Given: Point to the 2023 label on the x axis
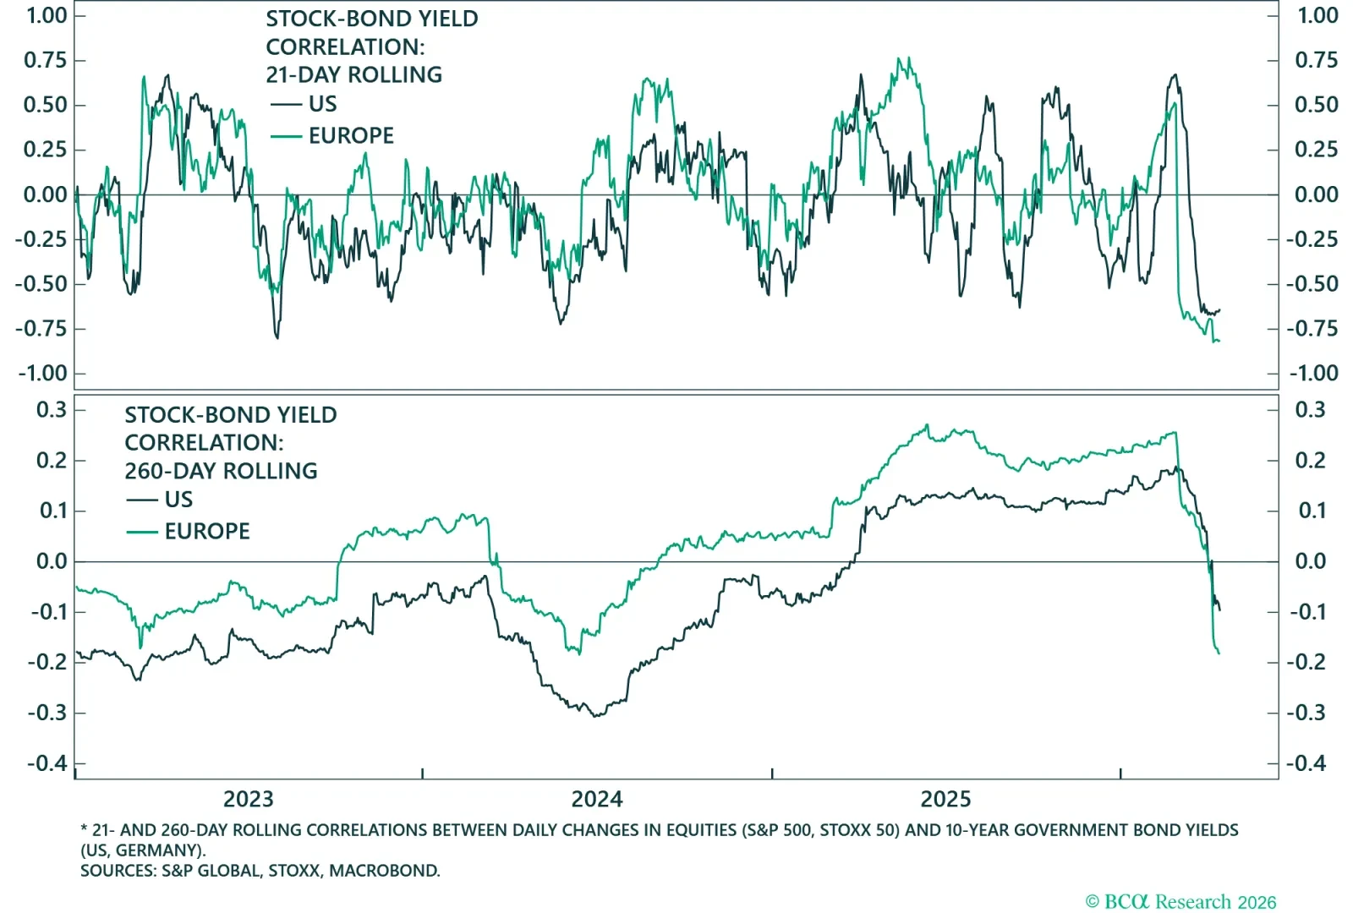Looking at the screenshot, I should coord(248,799).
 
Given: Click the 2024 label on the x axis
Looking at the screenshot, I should coord(596,799).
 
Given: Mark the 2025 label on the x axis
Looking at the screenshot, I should coord(945,799).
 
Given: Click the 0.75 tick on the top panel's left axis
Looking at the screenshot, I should coord(46,60).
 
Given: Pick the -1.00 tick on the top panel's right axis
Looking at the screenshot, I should coord(1313,373).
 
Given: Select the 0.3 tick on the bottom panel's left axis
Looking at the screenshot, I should coord(51,410).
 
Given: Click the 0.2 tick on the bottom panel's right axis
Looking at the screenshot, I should coord(1312,461).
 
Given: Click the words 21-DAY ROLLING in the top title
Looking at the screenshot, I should coord(353,74).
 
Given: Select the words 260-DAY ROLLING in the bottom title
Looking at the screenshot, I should coord(221,471).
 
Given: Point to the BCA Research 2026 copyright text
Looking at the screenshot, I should coord(1180,902).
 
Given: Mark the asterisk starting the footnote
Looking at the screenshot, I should coord(84,830).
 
